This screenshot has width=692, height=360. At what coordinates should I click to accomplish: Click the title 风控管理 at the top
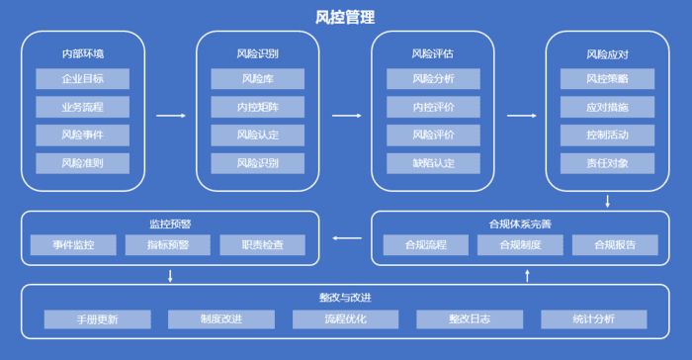pos(344,17)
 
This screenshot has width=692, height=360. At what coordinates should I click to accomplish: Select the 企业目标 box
pos(83,78)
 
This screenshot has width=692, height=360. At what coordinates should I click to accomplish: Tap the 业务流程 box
pos(83,106)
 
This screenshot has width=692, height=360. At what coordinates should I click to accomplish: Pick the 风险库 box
pos(257,78)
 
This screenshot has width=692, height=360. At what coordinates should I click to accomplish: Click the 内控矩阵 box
pos(257,106)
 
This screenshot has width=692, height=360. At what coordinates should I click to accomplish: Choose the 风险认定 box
pos(257,134)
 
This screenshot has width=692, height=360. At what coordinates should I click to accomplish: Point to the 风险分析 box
pos(433,78)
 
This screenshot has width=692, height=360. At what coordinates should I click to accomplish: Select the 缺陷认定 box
pos(433,161)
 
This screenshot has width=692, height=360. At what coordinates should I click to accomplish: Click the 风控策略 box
pos(607,78)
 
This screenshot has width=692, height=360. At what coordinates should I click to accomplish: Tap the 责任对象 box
pos(607,161)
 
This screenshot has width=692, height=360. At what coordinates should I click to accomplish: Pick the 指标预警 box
pos(170,244)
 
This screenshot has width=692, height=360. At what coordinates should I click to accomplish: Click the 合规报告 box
pos(605,244)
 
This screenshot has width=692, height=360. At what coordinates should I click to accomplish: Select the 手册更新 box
pos(97,319)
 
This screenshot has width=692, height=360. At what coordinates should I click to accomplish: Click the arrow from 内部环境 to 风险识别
pos(171,116)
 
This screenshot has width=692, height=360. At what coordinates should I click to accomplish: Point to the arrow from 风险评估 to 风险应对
pos(521,116)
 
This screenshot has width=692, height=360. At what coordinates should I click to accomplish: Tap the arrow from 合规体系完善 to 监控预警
pos(346,238)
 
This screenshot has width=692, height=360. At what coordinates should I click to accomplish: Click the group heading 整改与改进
pos(345,298)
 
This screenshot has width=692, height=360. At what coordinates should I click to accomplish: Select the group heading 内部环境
pos(83,53)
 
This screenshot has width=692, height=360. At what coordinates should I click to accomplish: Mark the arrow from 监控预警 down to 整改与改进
pos(171,275)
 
